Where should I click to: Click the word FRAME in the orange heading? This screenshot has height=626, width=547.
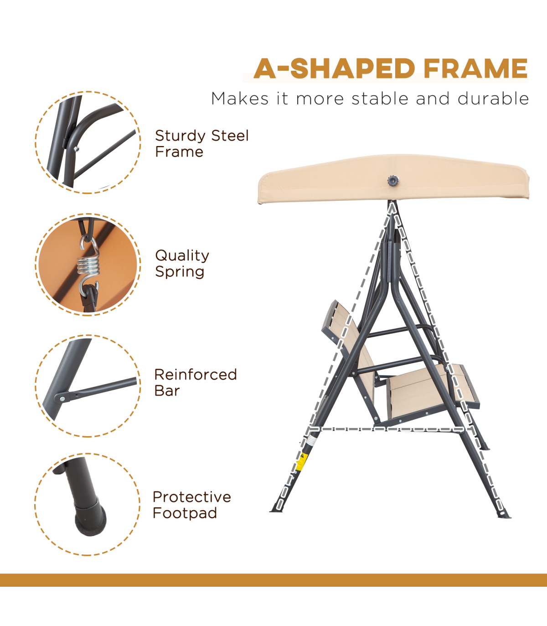coord(475,68)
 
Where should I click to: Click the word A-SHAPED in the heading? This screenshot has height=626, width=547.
coord(334,68)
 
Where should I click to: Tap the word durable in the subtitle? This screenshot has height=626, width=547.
coord(493,99)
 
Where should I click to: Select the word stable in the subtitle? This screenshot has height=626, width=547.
coord(380,99)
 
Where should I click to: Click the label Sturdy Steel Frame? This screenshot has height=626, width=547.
coord(201,144)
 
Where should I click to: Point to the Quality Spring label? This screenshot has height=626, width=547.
coord(182,263)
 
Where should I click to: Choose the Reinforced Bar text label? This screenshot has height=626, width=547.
coord(196,382)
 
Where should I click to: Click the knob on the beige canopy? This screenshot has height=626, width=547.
coord(393,181)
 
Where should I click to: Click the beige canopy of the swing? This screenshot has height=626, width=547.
coord(393,179)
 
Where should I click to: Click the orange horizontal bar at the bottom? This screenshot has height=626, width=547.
coord(273,580)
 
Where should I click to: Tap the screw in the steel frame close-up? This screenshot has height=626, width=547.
coord(77,149)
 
